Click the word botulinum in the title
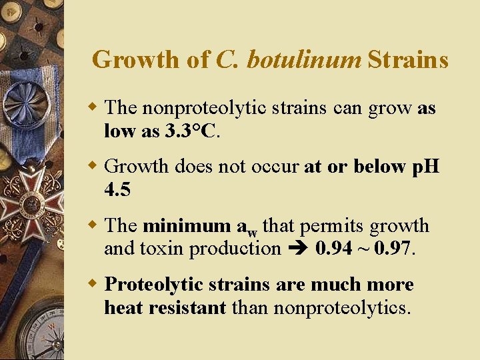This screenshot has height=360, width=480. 303,60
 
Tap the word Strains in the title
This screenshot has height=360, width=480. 407,60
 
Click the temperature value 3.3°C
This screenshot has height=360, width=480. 191,131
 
